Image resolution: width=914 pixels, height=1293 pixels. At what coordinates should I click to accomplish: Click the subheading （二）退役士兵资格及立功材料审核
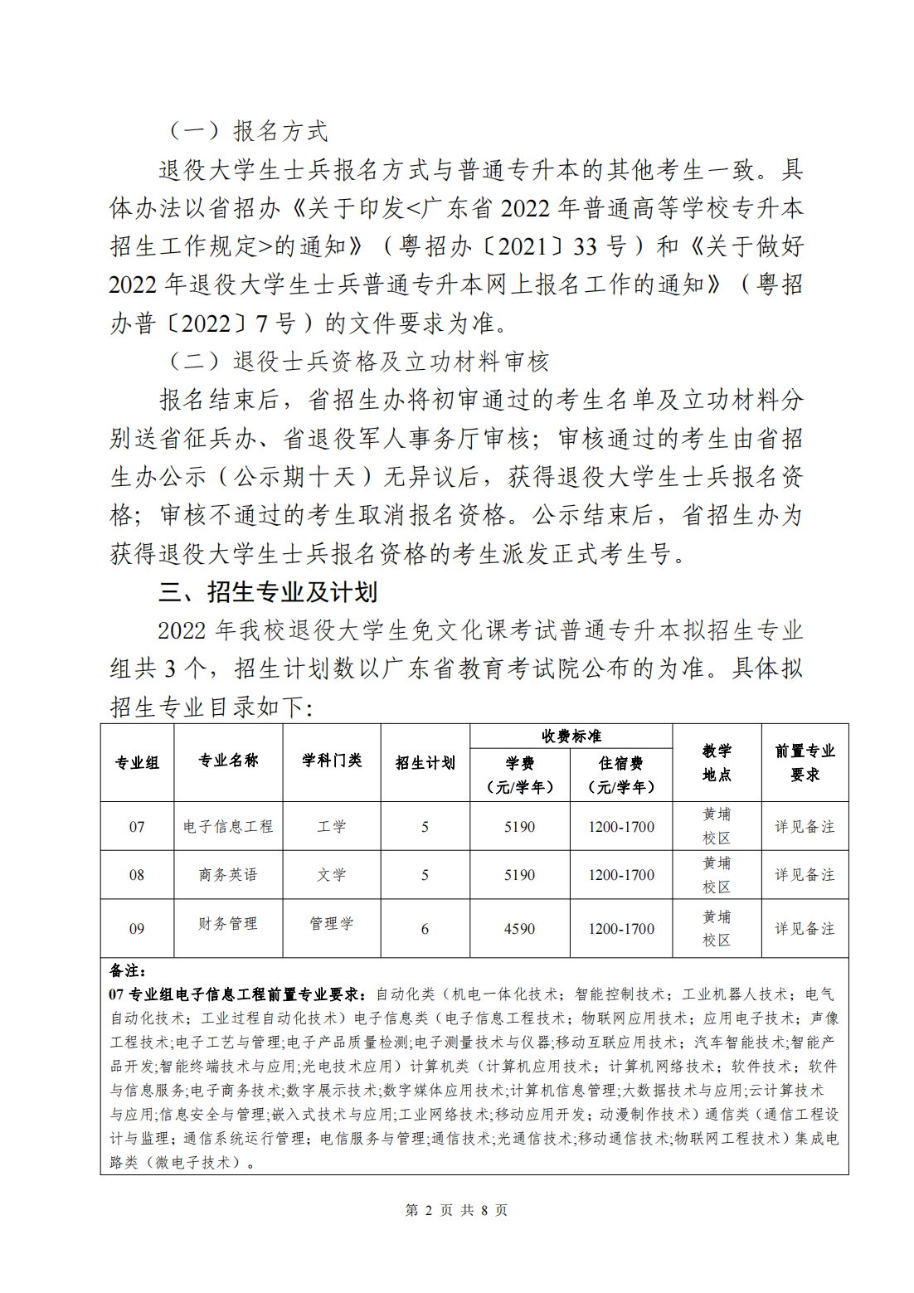358,362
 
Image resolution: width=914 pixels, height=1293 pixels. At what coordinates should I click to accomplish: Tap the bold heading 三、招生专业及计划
268,592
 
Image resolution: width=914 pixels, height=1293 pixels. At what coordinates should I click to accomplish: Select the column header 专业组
137,763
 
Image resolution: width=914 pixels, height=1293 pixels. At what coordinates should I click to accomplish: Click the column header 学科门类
332,761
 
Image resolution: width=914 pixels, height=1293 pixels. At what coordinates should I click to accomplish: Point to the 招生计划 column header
425,763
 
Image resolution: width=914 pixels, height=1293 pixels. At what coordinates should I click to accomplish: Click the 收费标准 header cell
571,736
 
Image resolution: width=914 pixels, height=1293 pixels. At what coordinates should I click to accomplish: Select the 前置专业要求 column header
805,762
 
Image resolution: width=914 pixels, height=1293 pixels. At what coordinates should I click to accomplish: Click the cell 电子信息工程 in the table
228,827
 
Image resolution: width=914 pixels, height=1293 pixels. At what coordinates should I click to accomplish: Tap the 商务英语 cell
228,875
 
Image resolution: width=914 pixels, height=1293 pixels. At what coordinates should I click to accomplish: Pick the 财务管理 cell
228,924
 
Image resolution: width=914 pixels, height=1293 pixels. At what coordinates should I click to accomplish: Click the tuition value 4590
519,929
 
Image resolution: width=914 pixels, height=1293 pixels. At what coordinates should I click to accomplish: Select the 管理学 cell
332,924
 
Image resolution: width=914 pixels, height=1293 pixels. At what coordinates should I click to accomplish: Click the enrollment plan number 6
425,929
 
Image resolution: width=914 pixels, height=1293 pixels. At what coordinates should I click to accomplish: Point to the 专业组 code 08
137,875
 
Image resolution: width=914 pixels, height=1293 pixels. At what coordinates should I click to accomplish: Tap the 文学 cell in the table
332,875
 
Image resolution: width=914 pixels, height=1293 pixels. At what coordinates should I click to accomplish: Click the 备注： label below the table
128,970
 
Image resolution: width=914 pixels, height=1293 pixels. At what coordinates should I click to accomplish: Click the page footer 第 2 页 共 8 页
456,1210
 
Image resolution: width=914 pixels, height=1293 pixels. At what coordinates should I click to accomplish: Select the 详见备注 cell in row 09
805,929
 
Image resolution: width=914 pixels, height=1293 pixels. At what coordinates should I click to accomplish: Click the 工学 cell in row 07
332,827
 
